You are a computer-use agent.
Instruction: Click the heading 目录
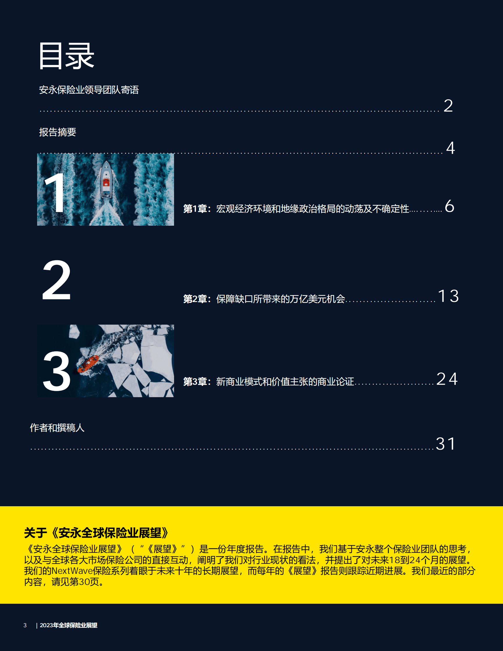[x=66, y=56]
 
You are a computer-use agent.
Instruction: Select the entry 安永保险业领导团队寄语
[x=89, y=90]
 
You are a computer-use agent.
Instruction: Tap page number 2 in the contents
[x=448, y=106]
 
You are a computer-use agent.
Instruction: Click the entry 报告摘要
[x=57, y=132]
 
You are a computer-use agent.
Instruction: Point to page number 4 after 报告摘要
[x=450, y=148]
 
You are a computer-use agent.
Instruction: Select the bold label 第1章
[x=195, y=209]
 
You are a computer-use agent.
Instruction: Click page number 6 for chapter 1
[x=449, y=206]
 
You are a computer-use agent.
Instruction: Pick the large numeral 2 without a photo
[x=57, y=280]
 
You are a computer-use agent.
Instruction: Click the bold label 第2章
[x=195, y=299]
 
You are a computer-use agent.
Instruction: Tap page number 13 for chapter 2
[x=448, y=296]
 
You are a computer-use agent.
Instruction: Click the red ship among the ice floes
[x=88, y=364]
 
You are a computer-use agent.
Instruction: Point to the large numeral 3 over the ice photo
[x=57, y=371]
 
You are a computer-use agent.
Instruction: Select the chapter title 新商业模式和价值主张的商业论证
[x=285, y=381]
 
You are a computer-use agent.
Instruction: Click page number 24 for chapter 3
[x=447, y=379]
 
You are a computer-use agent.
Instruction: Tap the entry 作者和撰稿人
[x=57, y=428]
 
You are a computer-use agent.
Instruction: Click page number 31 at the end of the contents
[x=446, y=444]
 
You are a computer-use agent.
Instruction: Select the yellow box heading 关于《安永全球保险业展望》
[x=97, y=532]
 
